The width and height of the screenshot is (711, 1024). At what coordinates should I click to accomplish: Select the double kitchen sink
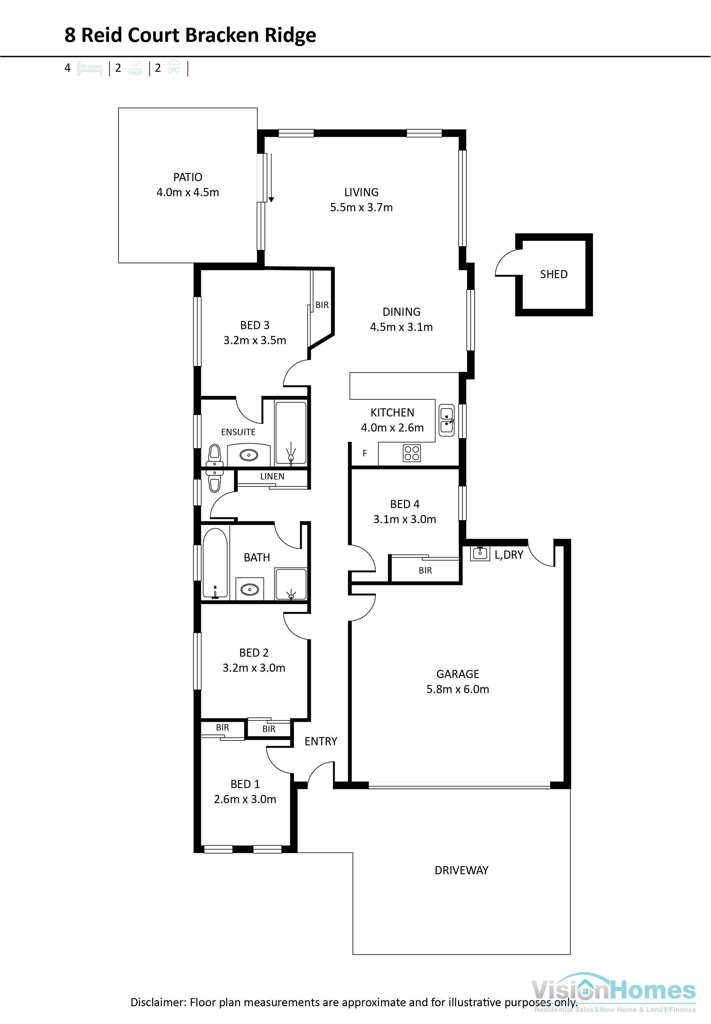pyautogui.click(x=446, y=420)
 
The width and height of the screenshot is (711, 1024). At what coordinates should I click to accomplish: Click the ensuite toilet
pyautogui.click(x=215, y=455)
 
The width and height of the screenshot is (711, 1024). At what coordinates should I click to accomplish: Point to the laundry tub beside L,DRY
pyautogui.click(x=480, y=553)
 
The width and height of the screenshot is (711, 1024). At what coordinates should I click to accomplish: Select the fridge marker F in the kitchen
pyautogui.click(x=364, y=453)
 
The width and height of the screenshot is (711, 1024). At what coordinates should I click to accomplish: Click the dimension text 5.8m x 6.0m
pyautogui.click(x=457, y=689)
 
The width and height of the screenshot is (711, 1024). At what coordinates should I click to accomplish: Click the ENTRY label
pyautogui.click(x=320, y=741)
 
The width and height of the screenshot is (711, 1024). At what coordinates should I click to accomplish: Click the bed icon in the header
pyautogui.click(x=89, y=69)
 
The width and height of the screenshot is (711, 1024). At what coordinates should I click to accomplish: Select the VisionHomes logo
pyautogui.click(x=613, y=991)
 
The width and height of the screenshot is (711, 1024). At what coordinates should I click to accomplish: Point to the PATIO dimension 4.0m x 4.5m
pyautogui.click(x=188, y=193)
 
